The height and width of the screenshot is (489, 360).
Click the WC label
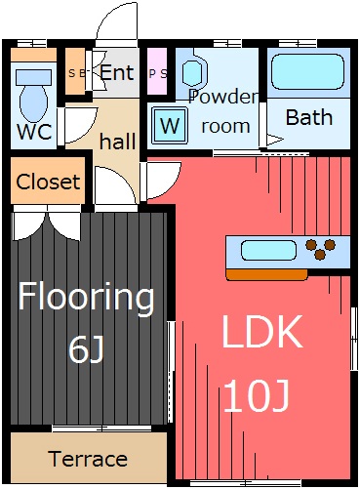tap(34, 131)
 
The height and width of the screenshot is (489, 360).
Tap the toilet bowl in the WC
tap(34, 102)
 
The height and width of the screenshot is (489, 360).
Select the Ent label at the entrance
tap(117, 72)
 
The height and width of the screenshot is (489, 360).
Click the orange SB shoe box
tap(75, 71)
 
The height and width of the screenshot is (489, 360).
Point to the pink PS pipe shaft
tap(157, 71)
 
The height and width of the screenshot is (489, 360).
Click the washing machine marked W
tap(170, 125)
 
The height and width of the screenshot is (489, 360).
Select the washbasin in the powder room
tap(194, 71)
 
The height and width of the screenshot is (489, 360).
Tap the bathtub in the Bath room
tap(307, 72)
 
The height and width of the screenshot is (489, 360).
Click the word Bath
tap(309, 117)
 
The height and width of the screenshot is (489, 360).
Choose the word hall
tap(117, 142)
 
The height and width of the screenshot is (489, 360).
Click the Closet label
tap(48, 182)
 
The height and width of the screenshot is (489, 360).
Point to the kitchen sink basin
tap(268, 250)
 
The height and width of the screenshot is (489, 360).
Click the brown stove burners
tap(320, 249)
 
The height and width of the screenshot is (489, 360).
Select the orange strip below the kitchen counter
tap(266, 275)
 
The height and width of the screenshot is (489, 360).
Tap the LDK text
tap(261, 332)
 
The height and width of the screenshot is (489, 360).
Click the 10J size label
tap(257, 396)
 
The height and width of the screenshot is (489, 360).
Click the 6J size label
tap(86, 349)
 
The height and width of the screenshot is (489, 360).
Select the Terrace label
tap(88, 459)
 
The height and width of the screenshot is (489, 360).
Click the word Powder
tap(223, 97)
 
